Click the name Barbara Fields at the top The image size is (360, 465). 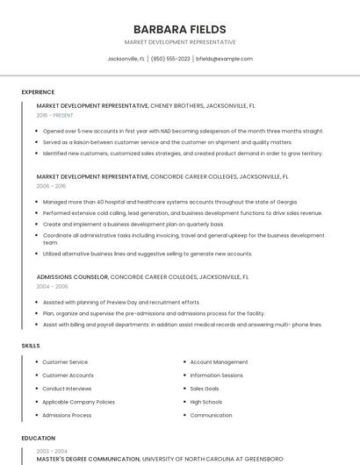[179, 29]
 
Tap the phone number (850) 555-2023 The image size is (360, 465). [170, 59]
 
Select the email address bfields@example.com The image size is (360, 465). [224, 59]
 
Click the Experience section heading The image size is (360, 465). [38, 92]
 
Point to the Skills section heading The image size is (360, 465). [31, 346]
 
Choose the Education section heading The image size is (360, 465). [38, 438]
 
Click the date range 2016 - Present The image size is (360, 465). [54, 115]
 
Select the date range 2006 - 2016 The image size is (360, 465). [51, 186]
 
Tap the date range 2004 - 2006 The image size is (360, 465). [52, 287]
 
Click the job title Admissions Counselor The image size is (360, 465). [72, 276]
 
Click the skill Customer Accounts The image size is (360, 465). [68, 376]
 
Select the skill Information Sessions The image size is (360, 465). [216, 376]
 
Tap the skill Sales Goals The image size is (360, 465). [205, 389]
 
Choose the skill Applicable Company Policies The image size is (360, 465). [78, 402]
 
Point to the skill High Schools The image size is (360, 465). [206, 402]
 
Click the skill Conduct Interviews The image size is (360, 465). [67, 389]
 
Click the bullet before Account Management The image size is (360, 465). [184, 362]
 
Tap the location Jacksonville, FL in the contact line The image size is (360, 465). [126, 59]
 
